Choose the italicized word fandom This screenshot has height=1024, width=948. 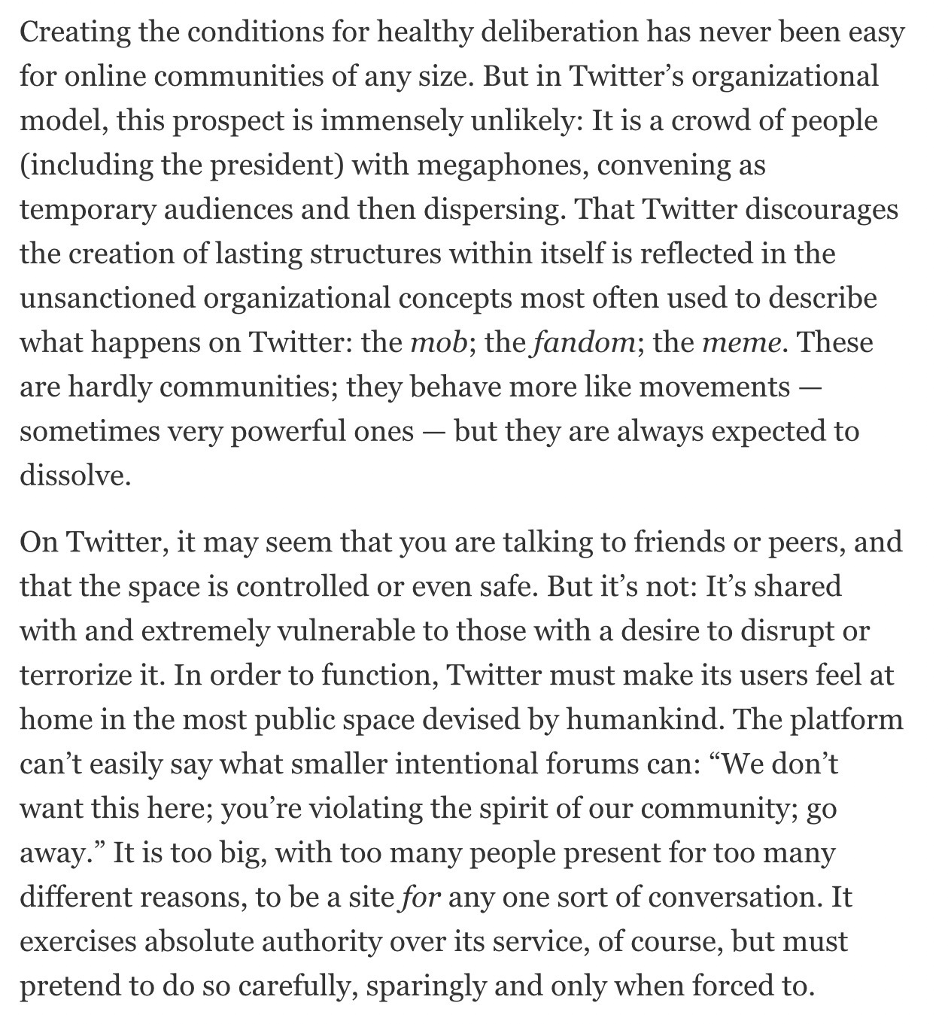(x=584, y=342)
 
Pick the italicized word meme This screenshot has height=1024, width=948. (x=741, y=342)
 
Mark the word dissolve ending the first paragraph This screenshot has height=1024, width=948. (x=74, y=476)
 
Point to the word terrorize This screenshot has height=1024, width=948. (x=76, y=675)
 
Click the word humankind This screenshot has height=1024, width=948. (x=643, y=719)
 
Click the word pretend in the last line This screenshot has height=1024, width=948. (x=68, y=986)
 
